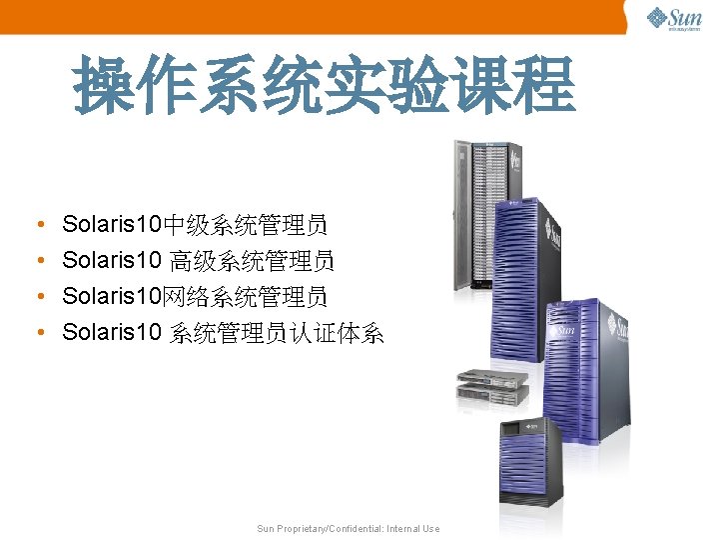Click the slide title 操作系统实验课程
click(325, 84)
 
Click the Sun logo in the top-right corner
click(674, 19)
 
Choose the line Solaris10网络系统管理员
click(195, 297)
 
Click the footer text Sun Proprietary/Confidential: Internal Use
click(348, 528)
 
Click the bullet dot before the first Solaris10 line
click(36, 225)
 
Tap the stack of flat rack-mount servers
click(491, 387)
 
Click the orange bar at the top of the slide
click(310, 16)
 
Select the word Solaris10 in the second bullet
click(111, 261)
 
